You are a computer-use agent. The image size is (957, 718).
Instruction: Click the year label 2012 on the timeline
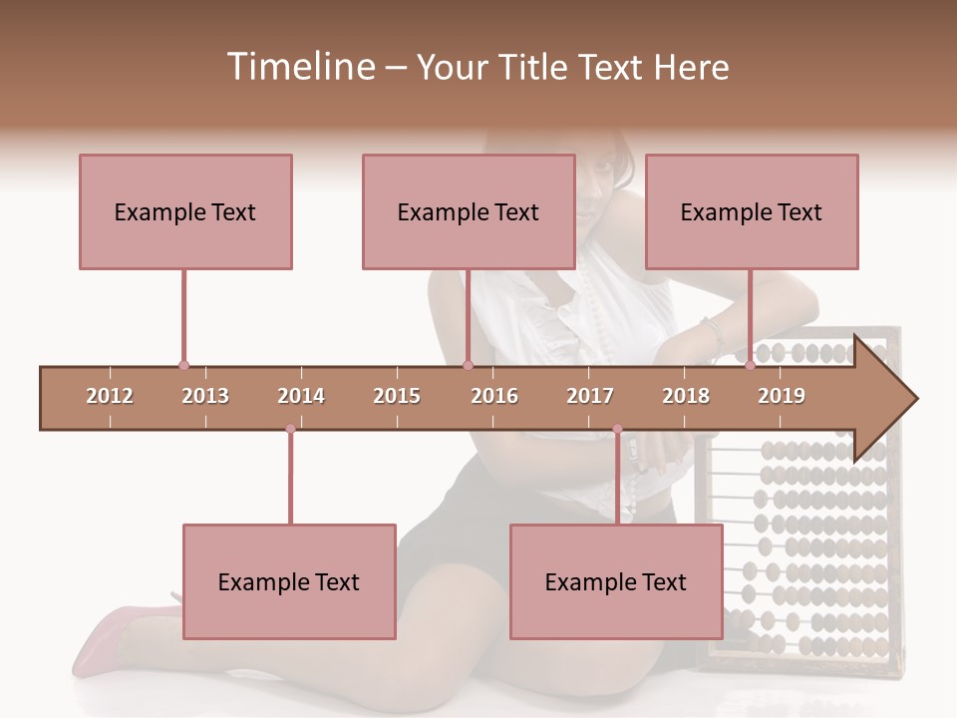click(x=110, y=396)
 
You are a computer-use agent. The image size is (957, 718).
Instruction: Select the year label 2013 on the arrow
click(x=205, y=396)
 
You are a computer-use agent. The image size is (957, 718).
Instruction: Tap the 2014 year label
click(x=301, y=396)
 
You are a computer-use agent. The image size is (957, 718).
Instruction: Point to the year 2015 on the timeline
click(x=397, y=396)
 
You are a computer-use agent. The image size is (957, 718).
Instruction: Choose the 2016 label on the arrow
click(x=494, y=396)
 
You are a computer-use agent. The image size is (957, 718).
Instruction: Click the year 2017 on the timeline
click(x=590, y=396)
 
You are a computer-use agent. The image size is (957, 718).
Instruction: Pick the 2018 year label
click(x=686, y=396)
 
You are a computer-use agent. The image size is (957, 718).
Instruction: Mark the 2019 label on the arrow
click(x=782, y=396)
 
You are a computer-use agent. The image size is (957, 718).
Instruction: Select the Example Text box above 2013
click(x=185, y=211)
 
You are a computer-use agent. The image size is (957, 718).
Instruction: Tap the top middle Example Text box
click(x=469, y=211)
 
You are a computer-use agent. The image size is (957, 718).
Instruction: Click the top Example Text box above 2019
click(x=752, y=211)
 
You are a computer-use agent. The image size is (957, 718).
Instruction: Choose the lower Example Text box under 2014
click(x=289, y=581)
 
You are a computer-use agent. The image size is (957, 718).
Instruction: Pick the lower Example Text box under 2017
click(x=616, y=581)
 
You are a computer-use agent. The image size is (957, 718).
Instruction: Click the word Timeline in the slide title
click(x=298, y=67)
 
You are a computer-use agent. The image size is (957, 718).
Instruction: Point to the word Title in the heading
click(x=537, y=67)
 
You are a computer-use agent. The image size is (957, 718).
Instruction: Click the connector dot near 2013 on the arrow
click(x=183, y=366)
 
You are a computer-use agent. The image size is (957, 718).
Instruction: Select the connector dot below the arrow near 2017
click(x=617, y=430)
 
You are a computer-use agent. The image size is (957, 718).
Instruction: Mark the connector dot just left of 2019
click(x=750, y=366)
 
